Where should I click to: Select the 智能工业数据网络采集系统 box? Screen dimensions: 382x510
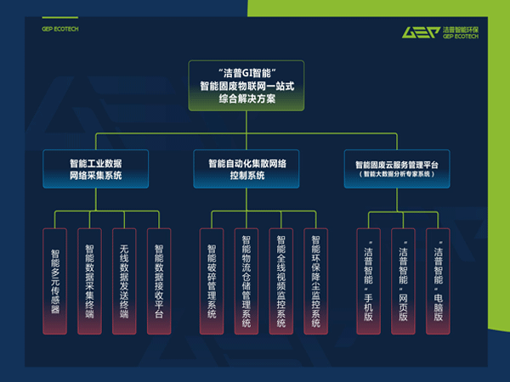pyautogui.click(x=95, y=169)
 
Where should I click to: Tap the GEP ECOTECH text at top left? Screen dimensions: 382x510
pyautogui.click(x=59, y=29)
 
